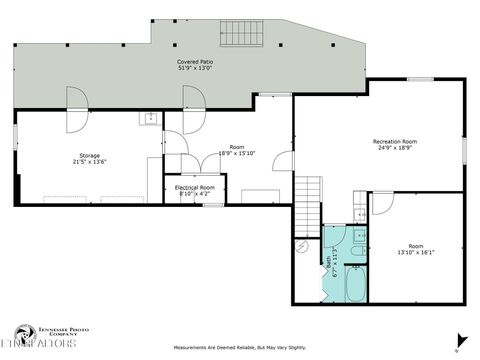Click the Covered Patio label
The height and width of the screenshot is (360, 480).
point(195,61)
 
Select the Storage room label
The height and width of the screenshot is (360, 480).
point(90,155)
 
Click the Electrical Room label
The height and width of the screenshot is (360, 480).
point(195,187)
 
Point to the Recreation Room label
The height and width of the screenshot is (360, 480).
point(394,141)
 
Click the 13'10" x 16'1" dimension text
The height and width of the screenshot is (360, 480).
point(416,253)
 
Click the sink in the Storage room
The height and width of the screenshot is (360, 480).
point(149,120)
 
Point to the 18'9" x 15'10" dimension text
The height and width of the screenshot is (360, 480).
point(237,154)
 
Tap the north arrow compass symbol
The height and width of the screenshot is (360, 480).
point(460,340)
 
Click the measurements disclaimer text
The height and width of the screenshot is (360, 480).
point(240,348)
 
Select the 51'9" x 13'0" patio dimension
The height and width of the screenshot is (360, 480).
point(195,68)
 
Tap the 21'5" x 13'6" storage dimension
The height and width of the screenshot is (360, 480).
point(90,162)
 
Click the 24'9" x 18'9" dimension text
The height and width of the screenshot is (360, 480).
point(394,148)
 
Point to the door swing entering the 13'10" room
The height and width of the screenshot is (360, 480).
point(382,203)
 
